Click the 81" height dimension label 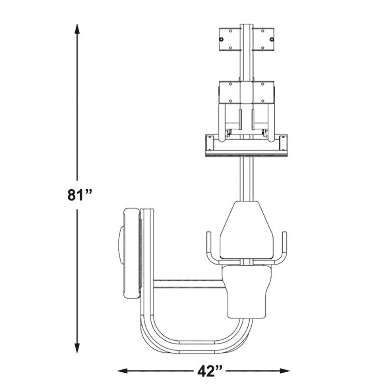[80, 195]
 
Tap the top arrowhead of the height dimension [77, 29]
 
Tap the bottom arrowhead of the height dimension [77, 348]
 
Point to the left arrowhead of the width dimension [123, 371]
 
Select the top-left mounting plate [230, 39]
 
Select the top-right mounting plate [263, 39]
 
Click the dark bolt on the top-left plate [221, 39]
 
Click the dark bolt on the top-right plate [272, 39]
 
